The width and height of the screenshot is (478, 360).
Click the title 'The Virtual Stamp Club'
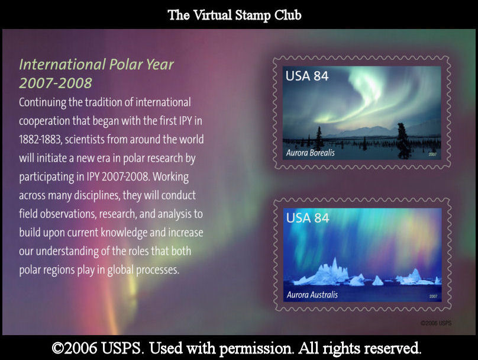(x=234, y=15)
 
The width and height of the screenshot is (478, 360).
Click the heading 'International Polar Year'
(x=96, y=65)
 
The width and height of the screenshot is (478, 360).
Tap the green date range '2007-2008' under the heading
(x=55, y=83)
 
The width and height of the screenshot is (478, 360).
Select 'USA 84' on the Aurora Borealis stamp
(x=306, y=76)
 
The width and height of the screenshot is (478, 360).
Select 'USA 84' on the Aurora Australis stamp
(x=308, y=218)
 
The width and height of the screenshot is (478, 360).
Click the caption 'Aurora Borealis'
(x=311, y=153)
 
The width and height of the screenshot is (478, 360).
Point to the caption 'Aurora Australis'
(x=312, y=295)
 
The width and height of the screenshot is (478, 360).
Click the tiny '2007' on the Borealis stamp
(x=432, y=155)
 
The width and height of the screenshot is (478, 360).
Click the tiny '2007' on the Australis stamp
(x=433, y=296)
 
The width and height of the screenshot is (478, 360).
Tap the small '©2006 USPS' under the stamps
(x=436, y=323)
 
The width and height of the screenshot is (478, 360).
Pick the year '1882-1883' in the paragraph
(x=40, y=139)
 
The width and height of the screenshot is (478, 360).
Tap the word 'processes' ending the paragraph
(x=157, y=270)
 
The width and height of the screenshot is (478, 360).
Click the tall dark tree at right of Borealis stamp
(x=403, y=140)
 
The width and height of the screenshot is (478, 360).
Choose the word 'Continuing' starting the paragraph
(x=43, y=102)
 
